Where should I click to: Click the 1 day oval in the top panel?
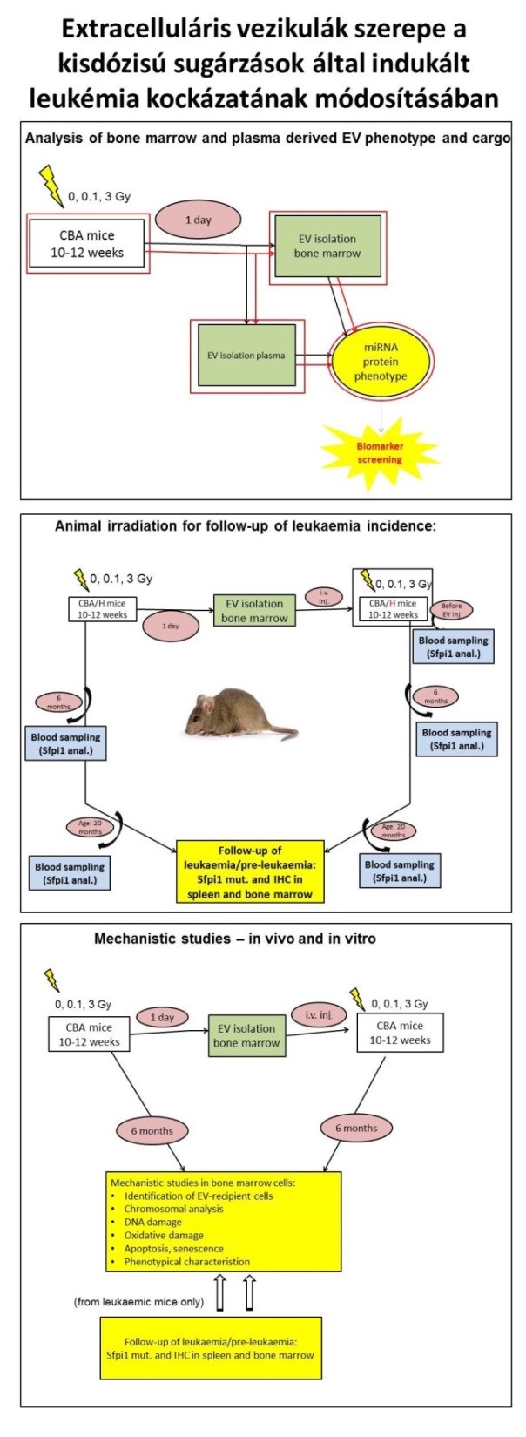coord(198,220)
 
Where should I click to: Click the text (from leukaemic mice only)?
coord(139,1303)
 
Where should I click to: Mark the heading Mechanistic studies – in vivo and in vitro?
coord(235,939)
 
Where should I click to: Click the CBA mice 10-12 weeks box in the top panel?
coord(87,244)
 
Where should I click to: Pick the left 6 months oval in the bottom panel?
coord(152,1131)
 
